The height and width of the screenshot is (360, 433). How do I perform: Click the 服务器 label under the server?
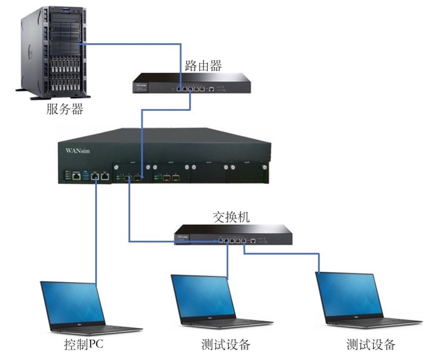pyautogui.click(x=64, y=109)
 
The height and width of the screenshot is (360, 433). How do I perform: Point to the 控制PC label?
pyautogui.click(x=84, y=344)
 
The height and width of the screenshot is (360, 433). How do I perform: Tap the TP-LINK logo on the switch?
pyautogui.click(x=182, y=236)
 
